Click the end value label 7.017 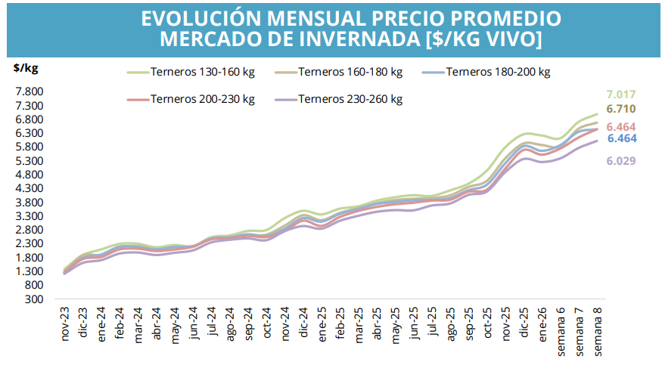[x=620, y=94]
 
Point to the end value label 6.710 [x=620, y=109]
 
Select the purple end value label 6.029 [x=620, y=161]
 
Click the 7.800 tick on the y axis [x=29, y=91]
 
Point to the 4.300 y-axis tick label [x=29, y=188]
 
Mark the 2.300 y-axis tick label [x=29, y=244]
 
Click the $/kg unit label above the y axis [x=26, y=67]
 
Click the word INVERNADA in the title [x=318, y=39]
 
